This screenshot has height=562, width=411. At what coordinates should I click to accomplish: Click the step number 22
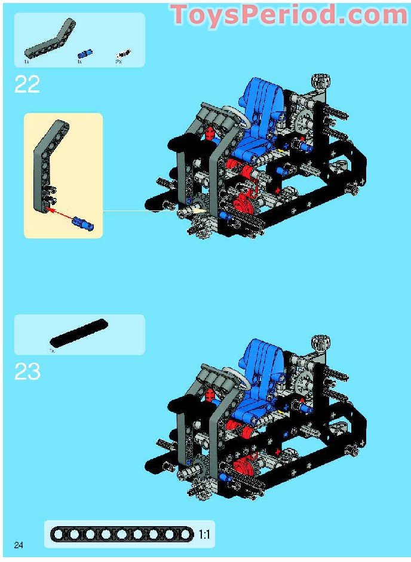[27, 84]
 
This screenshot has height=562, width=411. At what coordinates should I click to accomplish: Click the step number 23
[27, 372]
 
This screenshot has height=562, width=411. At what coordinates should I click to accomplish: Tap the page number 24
[19, 545]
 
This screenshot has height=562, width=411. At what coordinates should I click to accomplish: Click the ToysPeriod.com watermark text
[289, 16]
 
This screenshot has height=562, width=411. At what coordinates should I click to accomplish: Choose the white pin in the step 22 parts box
[122, 53]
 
